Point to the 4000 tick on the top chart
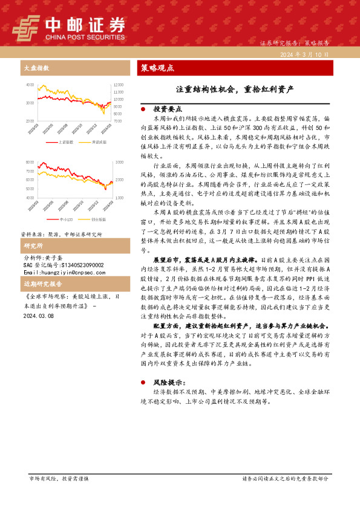(30, 85)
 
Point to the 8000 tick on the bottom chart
(30, 163)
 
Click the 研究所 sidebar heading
(33, 246)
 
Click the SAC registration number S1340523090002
(70, 265)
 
